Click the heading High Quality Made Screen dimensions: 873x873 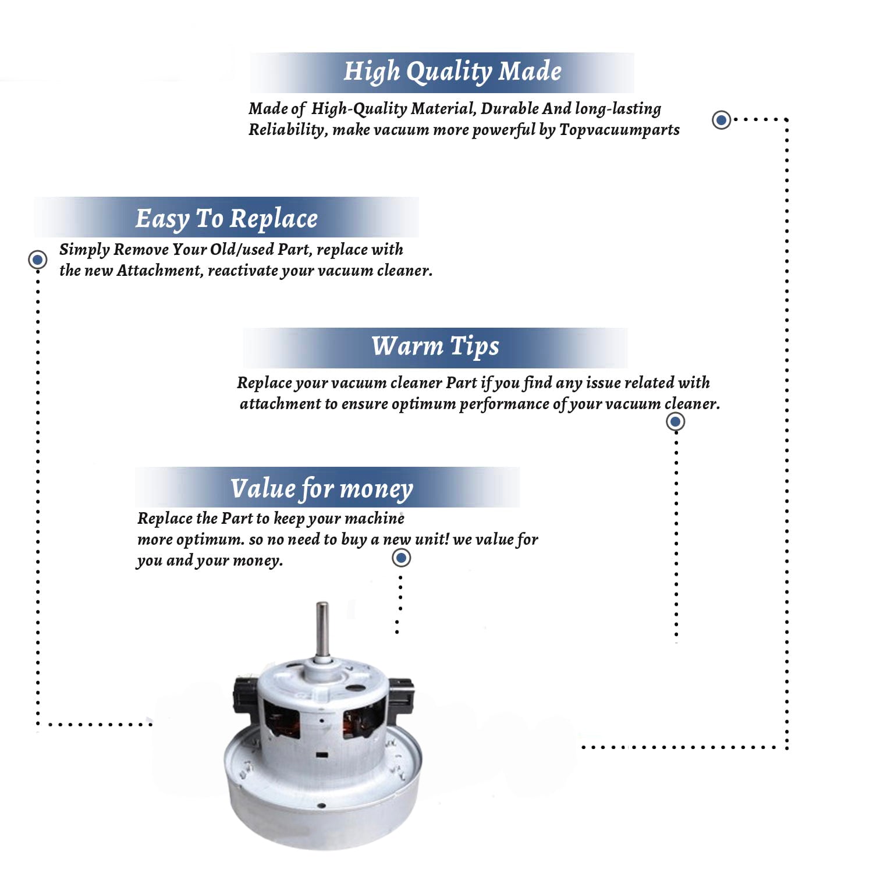pos(452,72)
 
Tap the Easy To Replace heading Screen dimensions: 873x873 pos(226,219)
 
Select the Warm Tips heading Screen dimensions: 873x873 pos(435,346)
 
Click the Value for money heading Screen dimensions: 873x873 pos(321,489)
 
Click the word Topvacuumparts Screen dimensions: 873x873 pos(619,129)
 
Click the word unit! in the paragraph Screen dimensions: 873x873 pos(431,540)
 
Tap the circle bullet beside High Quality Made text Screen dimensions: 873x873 pos(722,120)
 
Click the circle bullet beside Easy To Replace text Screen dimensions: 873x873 pos(38,260)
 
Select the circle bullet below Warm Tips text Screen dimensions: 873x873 pos(675,421)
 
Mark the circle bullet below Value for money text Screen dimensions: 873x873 pos(401,558)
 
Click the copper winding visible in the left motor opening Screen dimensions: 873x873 pos(285,722)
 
